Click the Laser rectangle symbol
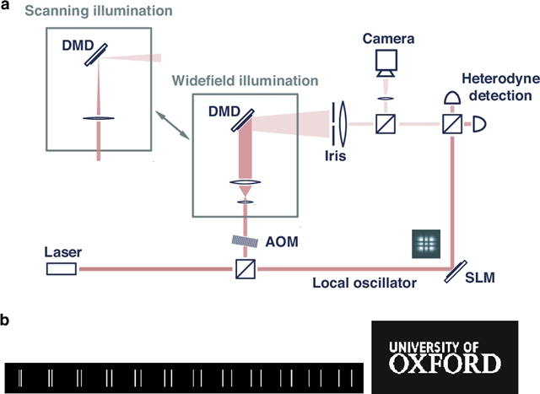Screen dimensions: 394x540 point(62,269)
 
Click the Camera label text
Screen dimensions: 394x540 point(385,39)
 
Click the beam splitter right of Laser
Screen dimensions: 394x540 point(243,270)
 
